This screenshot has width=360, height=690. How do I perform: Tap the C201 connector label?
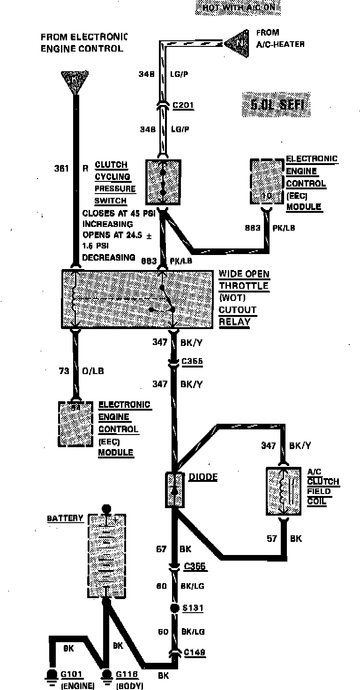tap(183, 105)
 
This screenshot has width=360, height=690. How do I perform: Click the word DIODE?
tap(203, 477)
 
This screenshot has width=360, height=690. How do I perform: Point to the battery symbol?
tap(107, 555)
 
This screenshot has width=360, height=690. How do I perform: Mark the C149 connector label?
tap(195, 652)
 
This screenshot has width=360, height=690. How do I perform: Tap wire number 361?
tap(61, 168)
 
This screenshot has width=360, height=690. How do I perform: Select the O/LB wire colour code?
tap(94, 371)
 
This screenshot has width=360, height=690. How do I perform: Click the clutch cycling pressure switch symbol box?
tap(163, 182)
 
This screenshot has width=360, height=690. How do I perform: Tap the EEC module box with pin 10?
tap(267, 182)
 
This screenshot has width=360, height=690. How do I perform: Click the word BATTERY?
tap(65, 518)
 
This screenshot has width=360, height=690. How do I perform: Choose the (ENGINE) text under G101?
tap(78, 686)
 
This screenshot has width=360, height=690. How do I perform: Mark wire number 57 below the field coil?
tap(272, 539)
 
